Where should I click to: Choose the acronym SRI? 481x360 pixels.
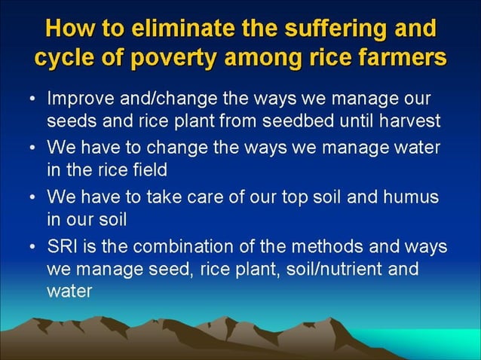pyautogui.click(x=62, y=248)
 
